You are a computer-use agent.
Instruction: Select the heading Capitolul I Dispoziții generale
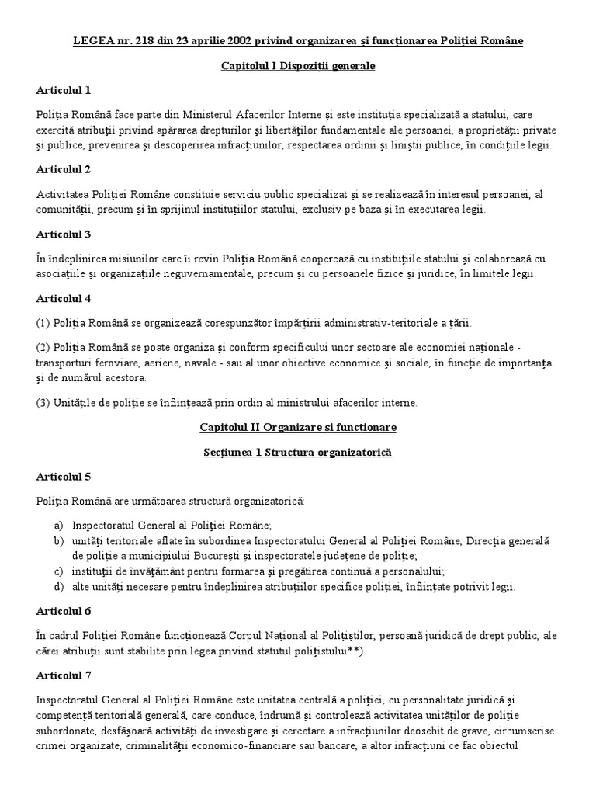click(x=298, y=67)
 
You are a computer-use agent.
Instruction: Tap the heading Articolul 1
click(x=64, y=90)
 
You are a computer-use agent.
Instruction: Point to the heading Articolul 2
click(x=64, y=168)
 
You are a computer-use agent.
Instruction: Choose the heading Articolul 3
click(x=64, y=234)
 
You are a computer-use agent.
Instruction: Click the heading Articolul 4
click(x=64, y=298)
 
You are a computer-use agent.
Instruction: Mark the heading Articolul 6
click(x=64, y=611)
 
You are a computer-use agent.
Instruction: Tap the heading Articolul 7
click(x=64, y=675)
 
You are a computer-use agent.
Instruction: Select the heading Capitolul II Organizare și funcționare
click(x=298, y=427)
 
